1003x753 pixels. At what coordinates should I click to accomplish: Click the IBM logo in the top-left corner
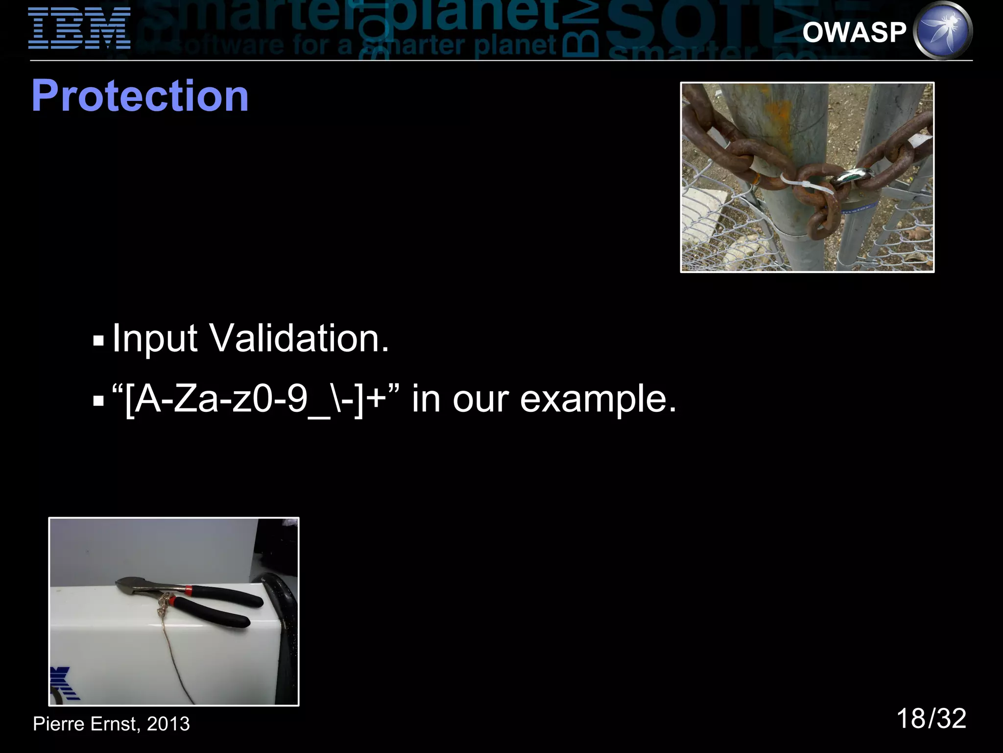point(79,28)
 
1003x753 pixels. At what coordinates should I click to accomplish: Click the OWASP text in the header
point(854,32)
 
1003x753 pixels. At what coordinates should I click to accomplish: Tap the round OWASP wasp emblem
point(943,30)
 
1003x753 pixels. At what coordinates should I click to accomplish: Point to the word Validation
point(299,338)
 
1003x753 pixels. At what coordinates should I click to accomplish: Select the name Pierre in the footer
point(58,724)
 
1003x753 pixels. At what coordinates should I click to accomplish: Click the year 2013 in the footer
point(168,724)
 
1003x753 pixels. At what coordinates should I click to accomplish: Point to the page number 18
point(910,719)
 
